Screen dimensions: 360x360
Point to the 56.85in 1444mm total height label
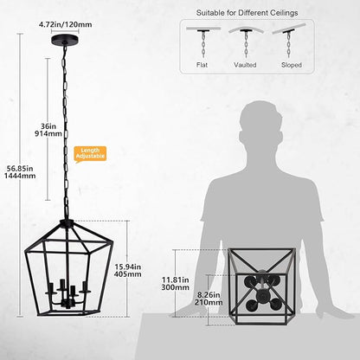point(17,172)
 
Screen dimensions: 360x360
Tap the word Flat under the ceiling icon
point(202,62)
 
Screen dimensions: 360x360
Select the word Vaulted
point(247,62)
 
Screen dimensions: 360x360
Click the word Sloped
point(292,62)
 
